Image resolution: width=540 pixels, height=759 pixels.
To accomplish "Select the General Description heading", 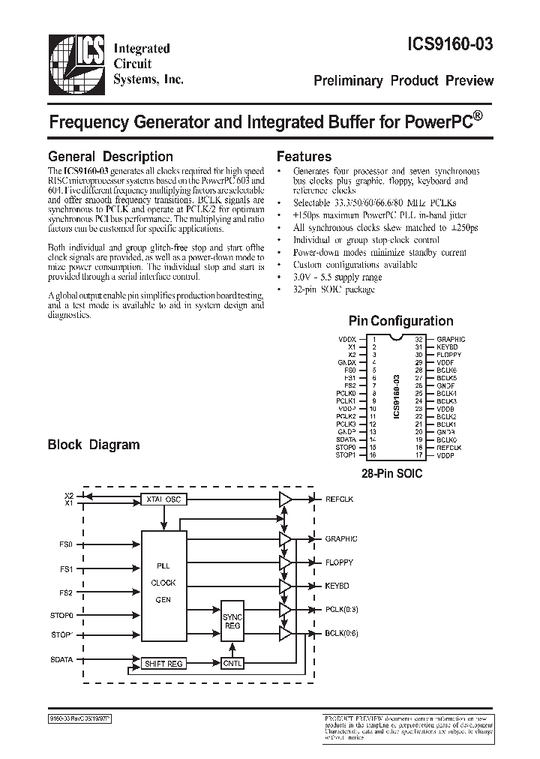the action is (110, 157).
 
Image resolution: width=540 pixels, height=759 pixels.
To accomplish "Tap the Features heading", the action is (304, 157).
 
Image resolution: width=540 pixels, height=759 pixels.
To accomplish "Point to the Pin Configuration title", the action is (400, 321).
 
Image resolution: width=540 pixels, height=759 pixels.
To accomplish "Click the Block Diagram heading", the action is (94, 444).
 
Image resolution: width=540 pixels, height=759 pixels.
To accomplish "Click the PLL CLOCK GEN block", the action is (164, 582).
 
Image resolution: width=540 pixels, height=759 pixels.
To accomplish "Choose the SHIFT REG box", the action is (165, 663).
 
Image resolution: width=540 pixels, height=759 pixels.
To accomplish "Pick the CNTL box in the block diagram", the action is (231, 663).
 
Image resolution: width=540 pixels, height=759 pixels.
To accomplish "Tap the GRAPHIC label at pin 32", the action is (451, 340).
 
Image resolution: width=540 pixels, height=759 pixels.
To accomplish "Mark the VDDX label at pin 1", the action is (348, 340).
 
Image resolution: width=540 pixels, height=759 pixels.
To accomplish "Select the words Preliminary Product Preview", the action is (403, 80).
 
